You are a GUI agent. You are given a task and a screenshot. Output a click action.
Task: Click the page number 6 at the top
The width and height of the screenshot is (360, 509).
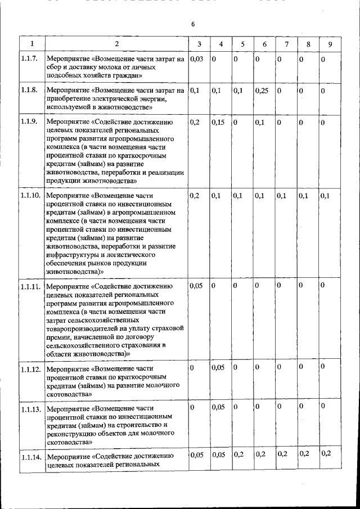coord(192,24)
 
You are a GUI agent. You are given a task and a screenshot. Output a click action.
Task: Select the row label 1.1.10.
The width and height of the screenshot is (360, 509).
coord(30,196)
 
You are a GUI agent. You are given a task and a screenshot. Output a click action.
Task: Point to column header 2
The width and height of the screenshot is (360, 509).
coord(116,44)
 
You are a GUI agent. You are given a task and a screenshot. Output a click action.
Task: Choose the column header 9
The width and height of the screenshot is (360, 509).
coord(330,44)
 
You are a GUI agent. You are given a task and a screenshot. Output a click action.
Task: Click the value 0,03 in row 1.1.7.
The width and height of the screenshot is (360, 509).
coord(196,58)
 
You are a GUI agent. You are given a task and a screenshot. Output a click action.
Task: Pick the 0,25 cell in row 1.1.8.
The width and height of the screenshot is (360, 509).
coord(261,90)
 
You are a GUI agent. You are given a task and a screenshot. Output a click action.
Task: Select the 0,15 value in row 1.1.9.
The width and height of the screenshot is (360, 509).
coord(218,121)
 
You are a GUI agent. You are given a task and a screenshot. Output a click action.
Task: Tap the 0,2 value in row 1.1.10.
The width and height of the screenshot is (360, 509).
coord(195,196)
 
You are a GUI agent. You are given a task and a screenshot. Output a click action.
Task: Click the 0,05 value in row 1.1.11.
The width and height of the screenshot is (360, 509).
coord(196,286)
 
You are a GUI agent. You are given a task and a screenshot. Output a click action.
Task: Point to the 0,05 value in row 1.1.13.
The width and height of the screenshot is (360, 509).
coord(218,406)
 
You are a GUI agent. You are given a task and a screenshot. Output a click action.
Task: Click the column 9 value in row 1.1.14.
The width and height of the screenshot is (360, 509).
coord(326,453)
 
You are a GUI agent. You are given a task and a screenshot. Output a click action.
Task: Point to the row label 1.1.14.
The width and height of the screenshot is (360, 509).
coord(30,457)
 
